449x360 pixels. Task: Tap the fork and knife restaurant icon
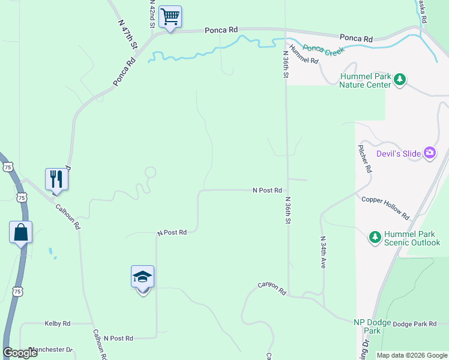56,179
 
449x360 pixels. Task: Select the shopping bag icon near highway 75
20,232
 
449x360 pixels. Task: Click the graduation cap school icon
142,277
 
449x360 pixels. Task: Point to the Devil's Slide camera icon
429,154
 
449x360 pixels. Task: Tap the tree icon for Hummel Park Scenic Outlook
375,237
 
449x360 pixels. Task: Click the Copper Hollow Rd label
385,207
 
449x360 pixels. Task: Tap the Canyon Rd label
273,289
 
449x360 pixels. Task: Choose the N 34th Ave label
322,251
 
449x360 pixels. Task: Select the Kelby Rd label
58,323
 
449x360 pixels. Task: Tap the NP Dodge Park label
372,326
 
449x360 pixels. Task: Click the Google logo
20,353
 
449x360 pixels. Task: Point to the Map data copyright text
411,355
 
